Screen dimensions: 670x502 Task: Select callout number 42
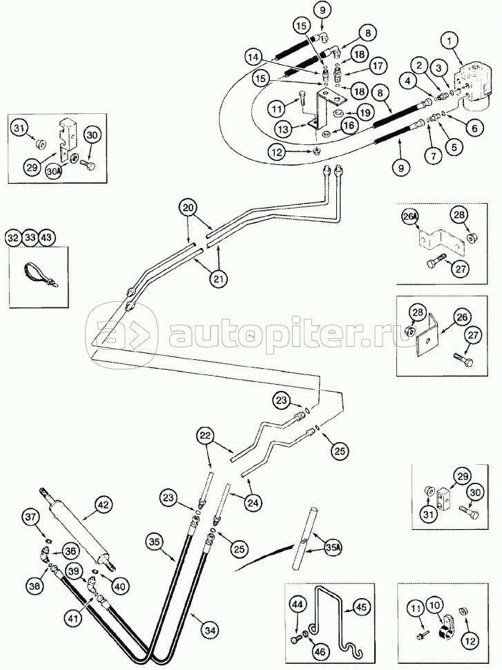tap(104, 505)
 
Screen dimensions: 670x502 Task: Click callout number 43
tap(47, 238)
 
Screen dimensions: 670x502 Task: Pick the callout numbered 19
tap(364, 111)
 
